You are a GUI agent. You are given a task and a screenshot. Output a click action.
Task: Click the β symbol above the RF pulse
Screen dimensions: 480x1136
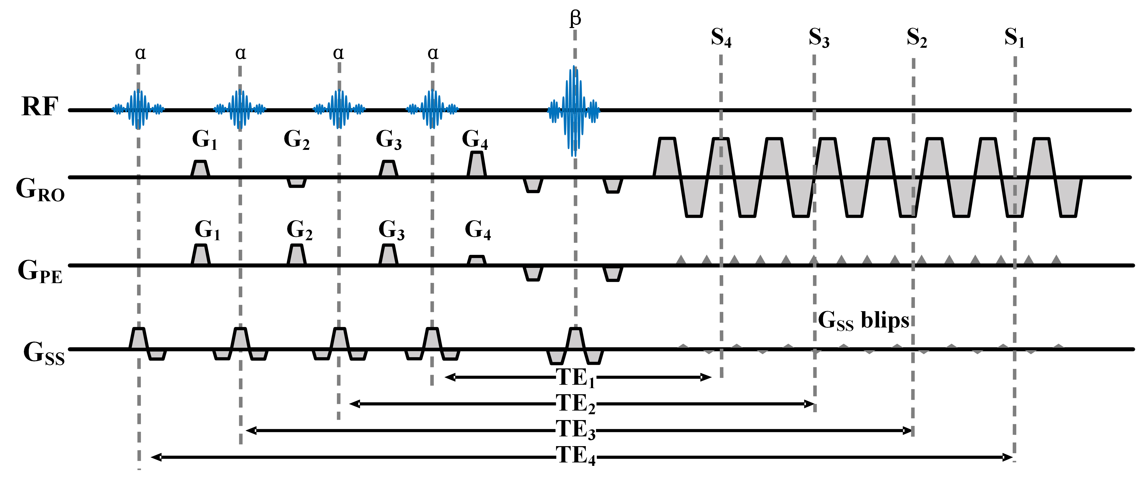tap(575, 19)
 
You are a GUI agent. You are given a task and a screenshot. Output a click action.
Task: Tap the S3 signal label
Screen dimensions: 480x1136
tap(819, 38)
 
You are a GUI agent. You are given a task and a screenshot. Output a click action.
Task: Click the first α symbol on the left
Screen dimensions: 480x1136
tap(140, 53)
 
